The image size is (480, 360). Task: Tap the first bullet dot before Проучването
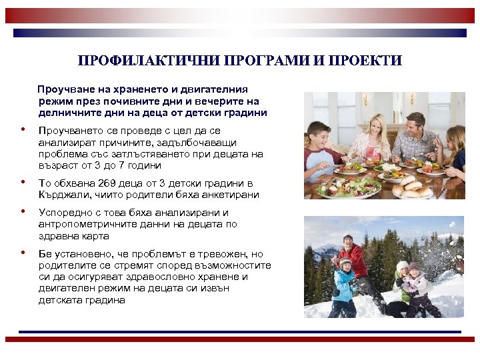point(23,130)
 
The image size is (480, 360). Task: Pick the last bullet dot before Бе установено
point(23,253)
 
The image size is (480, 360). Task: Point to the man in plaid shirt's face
point(415,125)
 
